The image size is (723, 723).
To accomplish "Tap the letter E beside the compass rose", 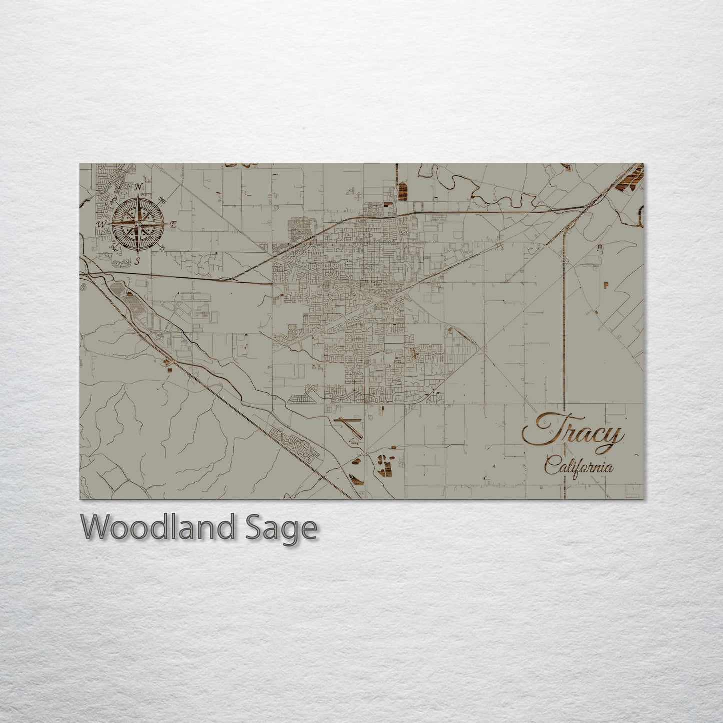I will pos(173,225).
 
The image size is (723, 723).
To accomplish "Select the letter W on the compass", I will pos(101,224).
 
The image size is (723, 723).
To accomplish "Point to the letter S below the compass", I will pos(138,262).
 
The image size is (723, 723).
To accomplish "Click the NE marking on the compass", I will pos(162,200).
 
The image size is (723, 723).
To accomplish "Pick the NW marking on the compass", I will pos(113,200).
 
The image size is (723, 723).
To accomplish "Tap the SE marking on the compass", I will pos(162,248).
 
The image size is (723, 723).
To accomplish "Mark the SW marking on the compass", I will pos(114,248).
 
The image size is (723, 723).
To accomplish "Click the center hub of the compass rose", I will pos(138,223).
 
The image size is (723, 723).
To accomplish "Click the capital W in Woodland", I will pos(97,527).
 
